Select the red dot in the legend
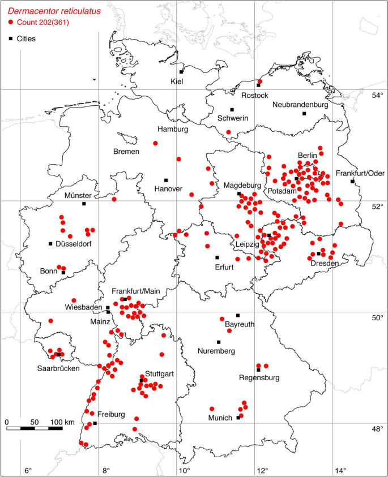(x=11, y=22)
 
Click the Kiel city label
(x=178, y=81)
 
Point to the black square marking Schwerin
(x=232, y=110)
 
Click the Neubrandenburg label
(x=300, y=105)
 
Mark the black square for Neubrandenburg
(x=304, y=114)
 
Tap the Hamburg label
(x=173, y=129)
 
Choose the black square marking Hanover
(x=166, y=181)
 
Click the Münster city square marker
(x=84, y=204)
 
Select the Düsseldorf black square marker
(x=50, y=244)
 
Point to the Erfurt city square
(x=217, y=257)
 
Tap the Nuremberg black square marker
(x=219, y=342)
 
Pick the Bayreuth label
(x=239, y=325)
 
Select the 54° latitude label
(x=377, y=95)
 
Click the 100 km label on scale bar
(x=62, y=422)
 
